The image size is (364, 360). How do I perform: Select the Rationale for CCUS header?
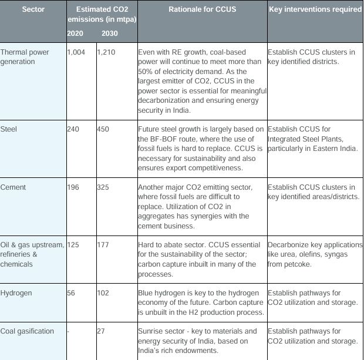click(201, 10)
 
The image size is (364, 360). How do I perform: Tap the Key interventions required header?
click(315, 10)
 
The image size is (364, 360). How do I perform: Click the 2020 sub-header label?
click(75, 33)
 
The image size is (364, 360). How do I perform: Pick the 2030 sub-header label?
click(109, 33)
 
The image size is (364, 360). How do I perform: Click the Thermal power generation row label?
click(25, 57)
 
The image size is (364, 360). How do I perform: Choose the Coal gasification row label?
click(27, 331)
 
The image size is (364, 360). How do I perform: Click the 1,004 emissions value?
click(76, 52)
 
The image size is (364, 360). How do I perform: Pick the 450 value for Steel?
click(103, 129)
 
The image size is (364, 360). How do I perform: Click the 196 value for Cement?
click(73, 187)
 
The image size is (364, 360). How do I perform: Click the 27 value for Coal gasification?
click(101, 331)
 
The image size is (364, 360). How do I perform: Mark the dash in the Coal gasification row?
click(69, 331)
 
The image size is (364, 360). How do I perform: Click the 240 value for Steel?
click(73, 129)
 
